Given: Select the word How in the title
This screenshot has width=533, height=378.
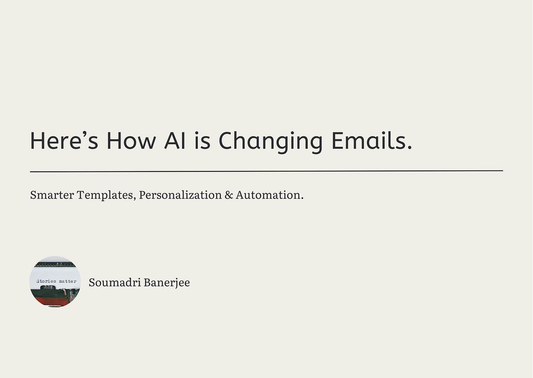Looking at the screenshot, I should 131,141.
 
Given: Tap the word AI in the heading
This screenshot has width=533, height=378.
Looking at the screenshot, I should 175,141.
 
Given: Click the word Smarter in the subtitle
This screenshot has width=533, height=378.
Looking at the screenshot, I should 52,195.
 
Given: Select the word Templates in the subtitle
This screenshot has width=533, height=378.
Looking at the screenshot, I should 104,195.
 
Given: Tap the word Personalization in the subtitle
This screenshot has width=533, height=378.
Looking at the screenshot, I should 180,195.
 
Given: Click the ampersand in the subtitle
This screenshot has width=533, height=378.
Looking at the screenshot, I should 229,195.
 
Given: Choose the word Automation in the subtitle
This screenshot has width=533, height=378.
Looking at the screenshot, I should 268,195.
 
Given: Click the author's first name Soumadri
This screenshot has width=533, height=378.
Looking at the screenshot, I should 114,283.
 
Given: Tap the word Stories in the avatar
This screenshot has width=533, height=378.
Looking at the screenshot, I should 46,281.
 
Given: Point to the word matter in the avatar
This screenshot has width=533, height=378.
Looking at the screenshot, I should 68,281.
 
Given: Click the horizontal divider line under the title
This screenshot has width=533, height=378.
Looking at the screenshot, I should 266,171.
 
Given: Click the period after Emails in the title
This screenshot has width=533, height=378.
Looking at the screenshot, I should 410,148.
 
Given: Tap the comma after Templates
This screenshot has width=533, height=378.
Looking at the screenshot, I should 135,198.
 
